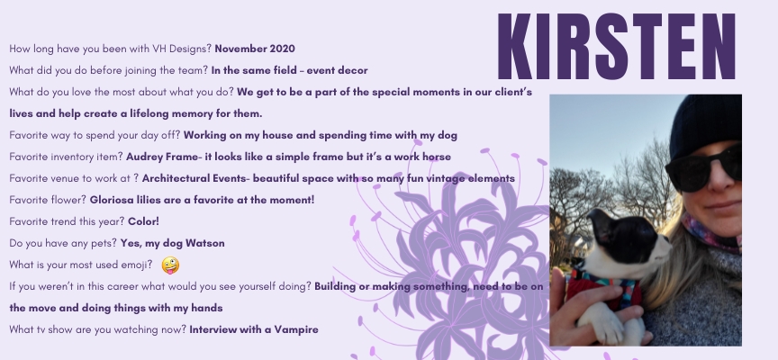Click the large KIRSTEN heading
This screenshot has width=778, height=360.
[x=616, y=46]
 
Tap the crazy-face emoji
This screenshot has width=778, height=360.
[x=170, y=265]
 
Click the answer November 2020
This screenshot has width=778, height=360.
[x=255, y=49]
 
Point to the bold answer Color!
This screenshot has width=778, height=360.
[x=143, y=221]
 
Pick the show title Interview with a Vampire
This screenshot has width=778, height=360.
[x=254, y=329]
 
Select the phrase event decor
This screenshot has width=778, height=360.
[x=337, y=70]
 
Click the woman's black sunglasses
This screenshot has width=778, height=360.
[x=702, y=167]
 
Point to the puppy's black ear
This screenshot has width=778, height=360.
[x=602, y=226]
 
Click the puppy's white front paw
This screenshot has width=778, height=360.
[x=606, y=324]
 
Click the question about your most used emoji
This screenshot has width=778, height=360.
[x=81, y=265]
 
